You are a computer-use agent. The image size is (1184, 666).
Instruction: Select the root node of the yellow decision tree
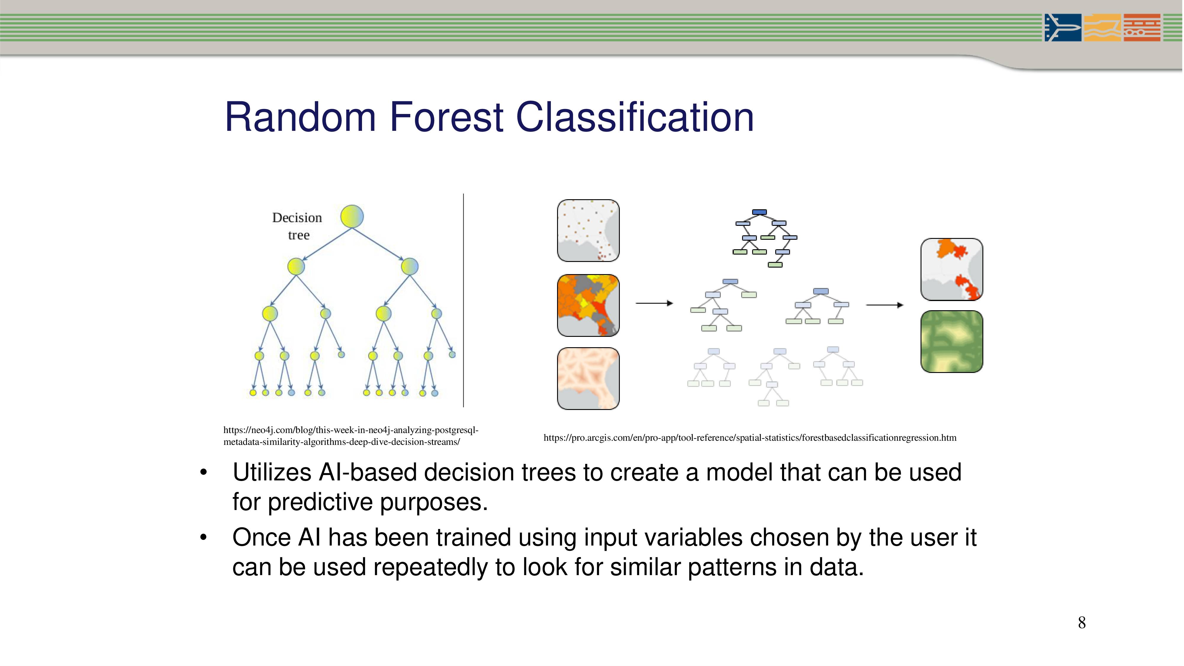(352, 216)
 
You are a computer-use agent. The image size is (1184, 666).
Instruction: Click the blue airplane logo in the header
(1063, 28)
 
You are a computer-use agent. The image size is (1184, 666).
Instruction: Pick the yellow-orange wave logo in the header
(1102, 28)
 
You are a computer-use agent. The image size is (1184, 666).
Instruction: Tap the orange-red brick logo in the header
(1142, 28)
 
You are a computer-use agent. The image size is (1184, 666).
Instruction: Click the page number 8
(1082, 623)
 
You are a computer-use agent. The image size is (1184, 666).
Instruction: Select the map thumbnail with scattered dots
(588, 231)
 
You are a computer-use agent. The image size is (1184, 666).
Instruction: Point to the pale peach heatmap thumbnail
(588, 378)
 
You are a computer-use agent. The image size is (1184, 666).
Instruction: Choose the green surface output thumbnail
(952, 342)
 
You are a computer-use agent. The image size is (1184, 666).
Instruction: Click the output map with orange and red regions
(952, 269)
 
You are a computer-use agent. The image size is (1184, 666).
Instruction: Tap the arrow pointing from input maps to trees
(654, 303)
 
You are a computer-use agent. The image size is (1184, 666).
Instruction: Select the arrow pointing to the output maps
(885, 305)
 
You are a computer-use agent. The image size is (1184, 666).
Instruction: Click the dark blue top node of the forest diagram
(759, 212)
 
